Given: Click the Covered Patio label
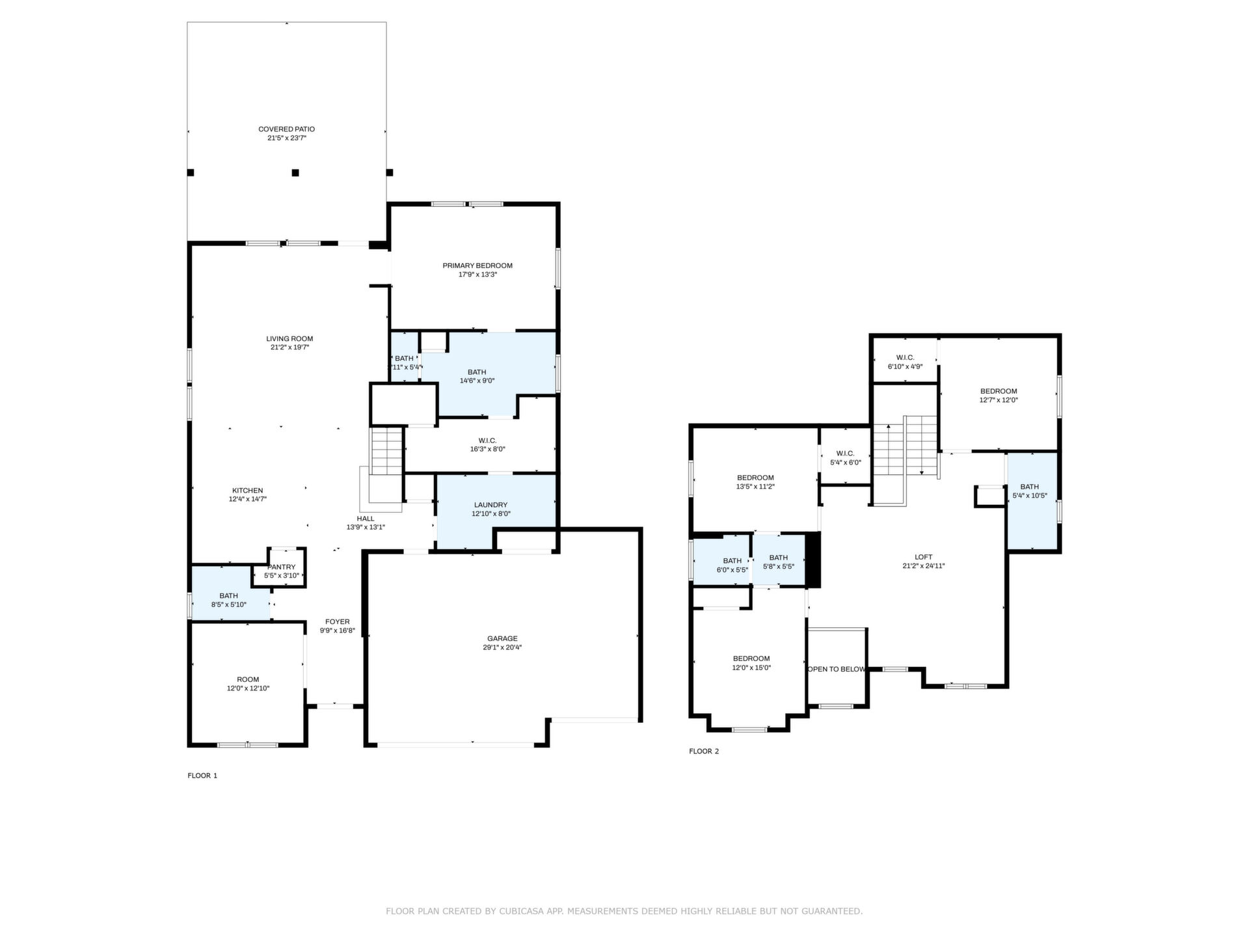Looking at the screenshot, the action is (x=286, y=129).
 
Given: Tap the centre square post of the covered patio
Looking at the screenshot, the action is (x=295, y=172).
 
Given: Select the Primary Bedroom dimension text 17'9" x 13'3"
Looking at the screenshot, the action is (x=477, y=275).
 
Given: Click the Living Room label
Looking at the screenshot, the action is (x=289, y=339).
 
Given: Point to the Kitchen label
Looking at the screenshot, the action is (x=248, y=491).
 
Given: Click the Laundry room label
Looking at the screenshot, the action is (x=491, y=505).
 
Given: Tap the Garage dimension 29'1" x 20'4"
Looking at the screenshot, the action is (x=502, y=647).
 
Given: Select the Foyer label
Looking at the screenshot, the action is (x=338, y=622).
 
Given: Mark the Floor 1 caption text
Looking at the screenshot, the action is (x=202, y=776).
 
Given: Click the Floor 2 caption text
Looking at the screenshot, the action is (x=704, y=752).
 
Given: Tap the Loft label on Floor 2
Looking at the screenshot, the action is (x=924, y=557).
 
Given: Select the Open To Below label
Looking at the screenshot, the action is (x=837, y=670).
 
